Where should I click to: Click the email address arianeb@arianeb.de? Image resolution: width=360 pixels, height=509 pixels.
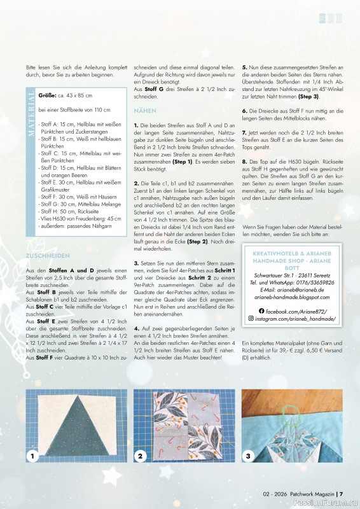(298, 289)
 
